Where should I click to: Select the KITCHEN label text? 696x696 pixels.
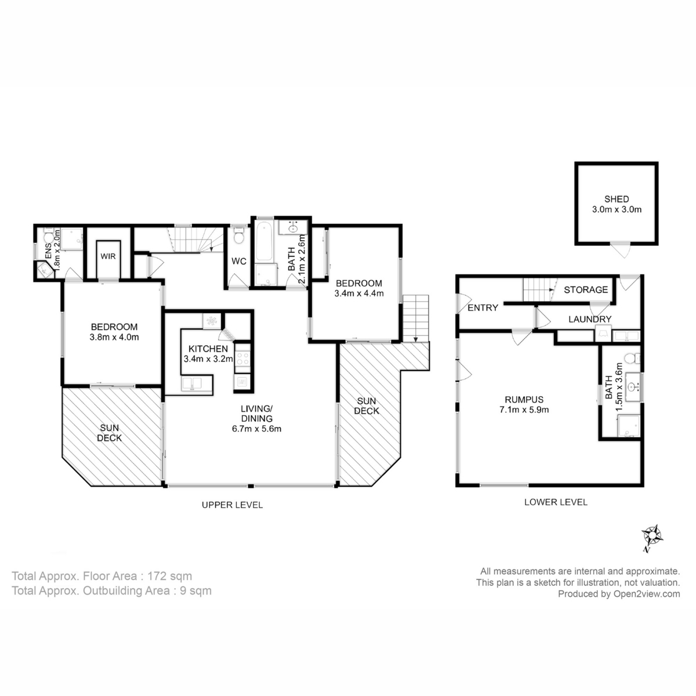pyautogui.click(x=208, y=349)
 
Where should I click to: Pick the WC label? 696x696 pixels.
pyautogui.click(x=239, y=262)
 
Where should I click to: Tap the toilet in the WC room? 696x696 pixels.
pyautogui.click(x=238, y=237)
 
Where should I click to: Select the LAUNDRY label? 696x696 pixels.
pyautogui.click(x=589, y=319)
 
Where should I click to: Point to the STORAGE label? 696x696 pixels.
pyautogui.click(x=586, y=289)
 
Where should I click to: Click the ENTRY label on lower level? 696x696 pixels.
pyautogui.click(x=483, y=308)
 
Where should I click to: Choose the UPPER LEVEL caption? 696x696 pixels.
pyautogui.click(x=232, y=505)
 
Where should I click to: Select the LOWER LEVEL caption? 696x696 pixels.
pyautogui.click(x=556, y=502)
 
